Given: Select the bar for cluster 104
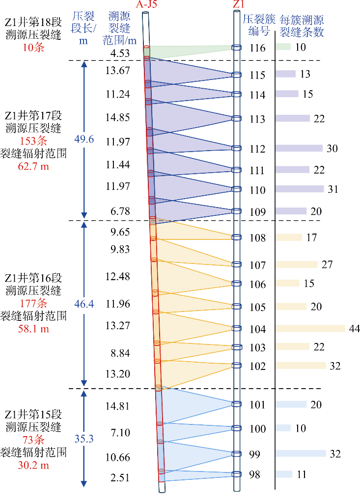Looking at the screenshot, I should (x=310, y=328).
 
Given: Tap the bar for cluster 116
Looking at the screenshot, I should (x=283, y=47).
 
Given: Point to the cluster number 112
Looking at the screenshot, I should (x=257, y=149).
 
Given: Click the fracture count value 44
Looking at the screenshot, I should (x=354, y=328).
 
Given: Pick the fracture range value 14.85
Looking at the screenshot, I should (x=117, y=117).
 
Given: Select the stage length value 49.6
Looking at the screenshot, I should (x=84, y=139).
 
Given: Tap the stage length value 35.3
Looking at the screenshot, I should (x=84, y=439).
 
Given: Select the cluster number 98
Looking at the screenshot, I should (x=254, y=475).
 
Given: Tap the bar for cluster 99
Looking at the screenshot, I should (x=300, y=453).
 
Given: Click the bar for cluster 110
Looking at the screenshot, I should (x=299, y=189).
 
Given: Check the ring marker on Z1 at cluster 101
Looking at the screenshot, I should (x=237, y=404).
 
